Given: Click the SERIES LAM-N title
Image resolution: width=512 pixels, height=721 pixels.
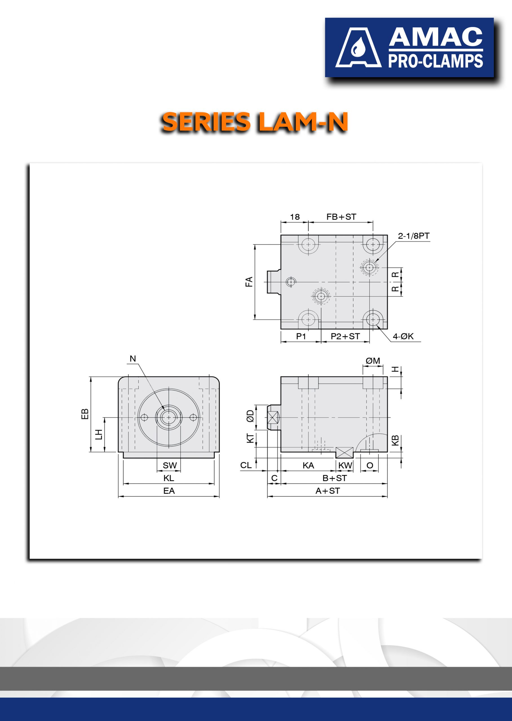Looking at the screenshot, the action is (255, 122).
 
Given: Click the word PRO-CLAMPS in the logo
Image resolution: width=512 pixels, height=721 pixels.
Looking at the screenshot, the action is (435, 61).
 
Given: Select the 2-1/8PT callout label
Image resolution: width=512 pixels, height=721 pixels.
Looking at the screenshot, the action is (414, 236).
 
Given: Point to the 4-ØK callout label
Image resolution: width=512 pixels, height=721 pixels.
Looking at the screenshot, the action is (403, 336).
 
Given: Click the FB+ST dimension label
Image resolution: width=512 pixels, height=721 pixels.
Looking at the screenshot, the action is (341, 217).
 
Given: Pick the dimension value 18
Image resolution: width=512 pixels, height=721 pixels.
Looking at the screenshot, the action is (295, 217).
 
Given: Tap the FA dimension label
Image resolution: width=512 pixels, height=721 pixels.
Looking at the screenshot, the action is (249, 281).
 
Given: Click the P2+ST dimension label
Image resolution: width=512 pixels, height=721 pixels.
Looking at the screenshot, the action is (345, 336).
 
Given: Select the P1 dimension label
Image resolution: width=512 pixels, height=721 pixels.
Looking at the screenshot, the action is (301, 336).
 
